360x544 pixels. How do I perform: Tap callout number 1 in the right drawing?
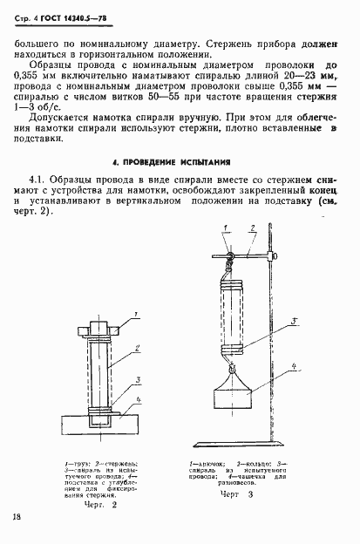224,229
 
